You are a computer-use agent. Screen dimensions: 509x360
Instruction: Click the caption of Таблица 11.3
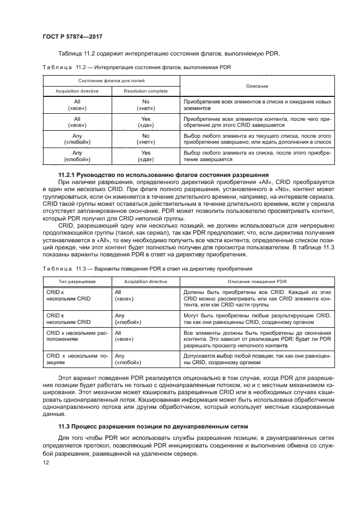coord(147,268)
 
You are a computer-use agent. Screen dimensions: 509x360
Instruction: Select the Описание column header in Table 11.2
coord(256,86)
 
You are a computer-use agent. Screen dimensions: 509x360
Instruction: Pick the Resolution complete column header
coord(145,91)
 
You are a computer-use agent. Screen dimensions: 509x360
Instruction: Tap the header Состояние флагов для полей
coord(112,81)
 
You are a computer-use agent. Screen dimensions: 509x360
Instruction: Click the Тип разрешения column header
coord(77,281)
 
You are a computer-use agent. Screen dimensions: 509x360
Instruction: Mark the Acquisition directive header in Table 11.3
coord(145,281)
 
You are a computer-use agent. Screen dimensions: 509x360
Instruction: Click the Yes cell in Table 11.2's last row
coord(145,156)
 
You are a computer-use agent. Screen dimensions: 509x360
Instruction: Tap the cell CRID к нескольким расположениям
coord(77,335)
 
